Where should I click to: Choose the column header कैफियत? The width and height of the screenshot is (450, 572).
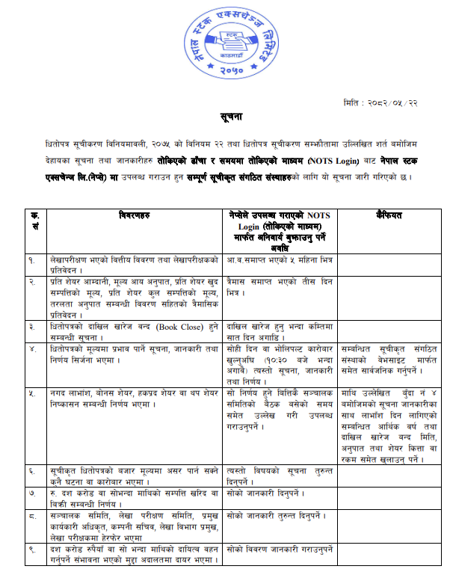click(389, 215)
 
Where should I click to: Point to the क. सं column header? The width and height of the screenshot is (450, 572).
click(34, 220)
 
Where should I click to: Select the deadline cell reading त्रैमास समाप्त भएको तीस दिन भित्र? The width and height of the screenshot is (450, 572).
click(281, 286)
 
